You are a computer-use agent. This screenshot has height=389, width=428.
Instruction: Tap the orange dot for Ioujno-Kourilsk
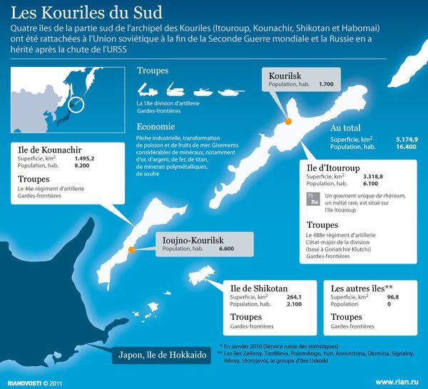(x=131, y=249)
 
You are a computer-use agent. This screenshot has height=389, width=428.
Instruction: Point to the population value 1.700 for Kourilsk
(x=326, y=85)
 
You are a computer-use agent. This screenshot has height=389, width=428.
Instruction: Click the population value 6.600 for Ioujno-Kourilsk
(x=227, y=249)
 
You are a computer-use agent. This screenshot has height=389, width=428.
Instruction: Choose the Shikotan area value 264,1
(x=295, y=297)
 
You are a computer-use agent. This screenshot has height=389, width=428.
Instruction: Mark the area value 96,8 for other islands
(x=388, y=297)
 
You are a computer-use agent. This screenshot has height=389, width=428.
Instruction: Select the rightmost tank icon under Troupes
(x=230, y=91)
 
